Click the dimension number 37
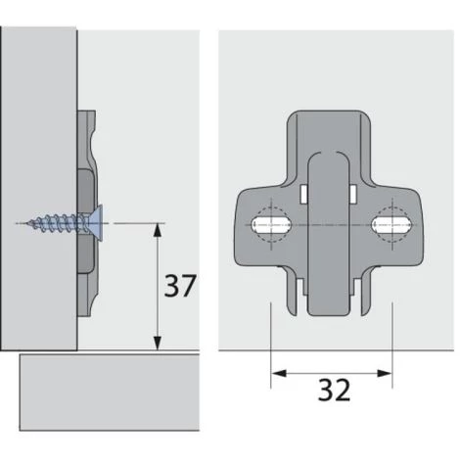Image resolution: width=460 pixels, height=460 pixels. point(180,286)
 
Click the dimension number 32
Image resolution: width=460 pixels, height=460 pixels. point(334,391)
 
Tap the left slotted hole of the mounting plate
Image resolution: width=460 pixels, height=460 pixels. point(270,225)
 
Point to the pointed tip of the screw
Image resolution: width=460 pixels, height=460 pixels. point(28,223)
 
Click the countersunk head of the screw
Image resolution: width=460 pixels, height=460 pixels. point(98,223)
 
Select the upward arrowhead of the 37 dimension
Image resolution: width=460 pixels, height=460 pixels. point(158,230)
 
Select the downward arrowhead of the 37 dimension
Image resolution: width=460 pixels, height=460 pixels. point(158,344)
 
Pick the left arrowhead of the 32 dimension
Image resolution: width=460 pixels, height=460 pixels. point(278,373)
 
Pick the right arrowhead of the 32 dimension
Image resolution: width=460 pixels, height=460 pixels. point(385,373)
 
